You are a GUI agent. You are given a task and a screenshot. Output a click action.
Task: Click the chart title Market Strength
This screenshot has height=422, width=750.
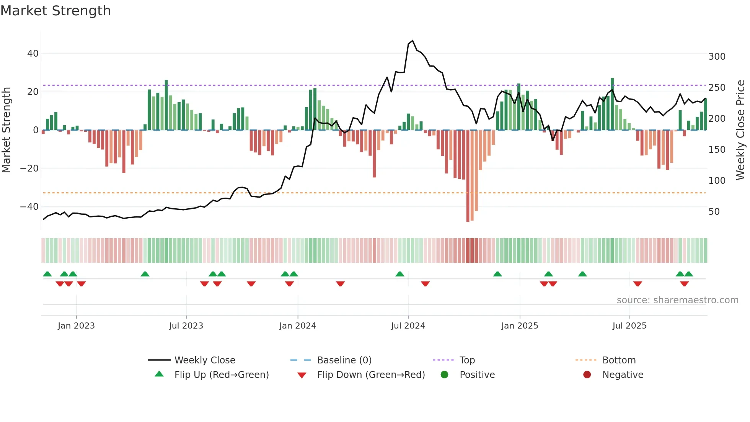(56, 11)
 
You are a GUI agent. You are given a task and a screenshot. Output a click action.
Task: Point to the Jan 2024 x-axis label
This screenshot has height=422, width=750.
(298, 326)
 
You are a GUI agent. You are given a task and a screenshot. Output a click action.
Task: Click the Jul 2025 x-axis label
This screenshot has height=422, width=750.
(629, 326)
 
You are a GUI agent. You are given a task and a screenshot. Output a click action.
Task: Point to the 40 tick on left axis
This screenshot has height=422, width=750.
(33, 54)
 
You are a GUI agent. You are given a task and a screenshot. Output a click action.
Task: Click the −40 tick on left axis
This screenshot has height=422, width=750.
(29, 207)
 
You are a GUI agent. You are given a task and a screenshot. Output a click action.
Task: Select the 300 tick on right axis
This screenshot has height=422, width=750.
(717, 57)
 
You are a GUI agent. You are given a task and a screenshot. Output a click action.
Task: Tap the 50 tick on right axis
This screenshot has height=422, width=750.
(714, 212)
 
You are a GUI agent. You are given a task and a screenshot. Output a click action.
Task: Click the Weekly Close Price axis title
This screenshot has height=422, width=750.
(740, 130)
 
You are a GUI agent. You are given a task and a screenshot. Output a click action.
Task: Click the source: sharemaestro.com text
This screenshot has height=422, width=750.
(677, 300)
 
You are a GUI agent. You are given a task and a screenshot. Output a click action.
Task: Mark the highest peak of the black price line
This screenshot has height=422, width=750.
(412, 41)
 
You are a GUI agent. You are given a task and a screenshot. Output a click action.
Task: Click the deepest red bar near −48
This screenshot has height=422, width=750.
(468, 176)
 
